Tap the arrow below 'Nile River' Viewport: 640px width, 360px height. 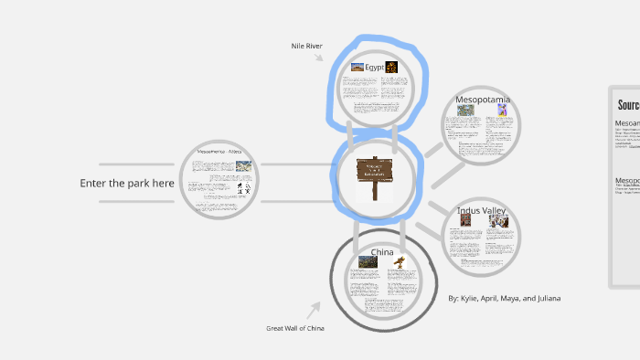(x=319, y=58)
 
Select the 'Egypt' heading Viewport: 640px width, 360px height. (x=373, y=67)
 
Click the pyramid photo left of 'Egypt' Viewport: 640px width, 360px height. (x=357, y=67)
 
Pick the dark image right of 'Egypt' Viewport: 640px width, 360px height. (x=391, y=67)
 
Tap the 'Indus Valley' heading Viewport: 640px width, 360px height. (x=481, y=212)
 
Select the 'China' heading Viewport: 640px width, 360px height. (x=382, y=251)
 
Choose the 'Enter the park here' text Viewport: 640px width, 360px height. (x=127, y=184)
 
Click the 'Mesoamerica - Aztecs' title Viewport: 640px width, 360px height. (x=219, y=152)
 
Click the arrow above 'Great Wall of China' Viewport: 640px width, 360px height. (x=315, y=310)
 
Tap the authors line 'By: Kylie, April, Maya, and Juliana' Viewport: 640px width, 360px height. (x=505, y=298)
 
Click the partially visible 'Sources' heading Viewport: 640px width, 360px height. (x=627, y=105)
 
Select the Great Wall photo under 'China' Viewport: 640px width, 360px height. (x=368, y=262)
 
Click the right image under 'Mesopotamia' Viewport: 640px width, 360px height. (x=502, y=110)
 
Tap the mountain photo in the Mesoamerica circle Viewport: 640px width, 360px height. (x=243, y=166)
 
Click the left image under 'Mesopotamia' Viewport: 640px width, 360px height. (x=466, y=111)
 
